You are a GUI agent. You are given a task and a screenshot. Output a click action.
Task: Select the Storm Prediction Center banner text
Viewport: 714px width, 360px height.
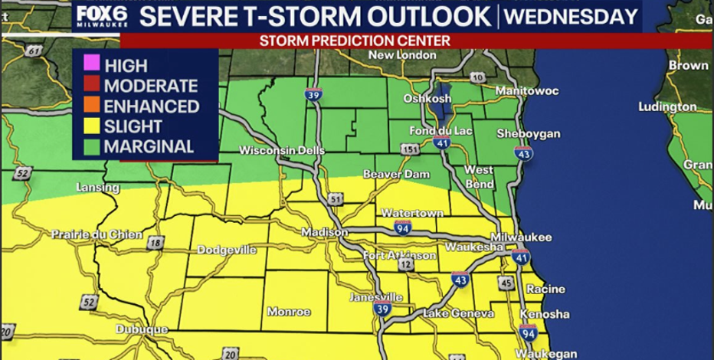point(354,40)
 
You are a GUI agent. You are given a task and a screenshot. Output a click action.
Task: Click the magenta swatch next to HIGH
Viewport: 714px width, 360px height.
point(90,66)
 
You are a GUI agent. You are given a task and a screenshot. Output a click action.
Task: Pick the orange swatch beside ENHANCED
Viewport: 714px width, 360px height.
point(90,106)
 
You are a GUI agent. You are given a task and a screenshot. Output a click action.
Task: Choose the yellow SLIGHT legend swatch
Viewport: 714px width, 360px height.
point(90,126)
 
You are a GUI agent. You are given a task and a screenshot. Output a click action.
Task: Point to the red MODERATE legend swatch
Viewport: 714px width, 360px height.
point(90,86)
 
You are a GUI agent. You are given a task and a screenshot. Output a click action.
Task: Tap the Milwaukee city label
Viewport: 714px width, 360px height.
point(522,237)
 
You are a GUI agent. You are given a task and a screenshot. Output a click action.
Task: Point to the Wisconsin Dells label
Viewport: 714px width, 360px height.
point(277,150)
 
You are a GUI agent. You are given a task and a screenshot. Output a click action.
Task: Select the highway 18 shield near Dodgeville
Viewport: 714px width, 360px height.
point(156,244)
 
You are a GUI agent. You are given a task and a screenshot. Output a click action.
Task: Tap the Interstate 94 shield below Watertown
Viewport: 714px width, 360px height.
point(403,227)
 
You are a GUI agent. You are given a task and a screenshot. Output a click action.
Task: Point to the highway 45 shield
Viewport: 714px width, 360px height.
point(505,283)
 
